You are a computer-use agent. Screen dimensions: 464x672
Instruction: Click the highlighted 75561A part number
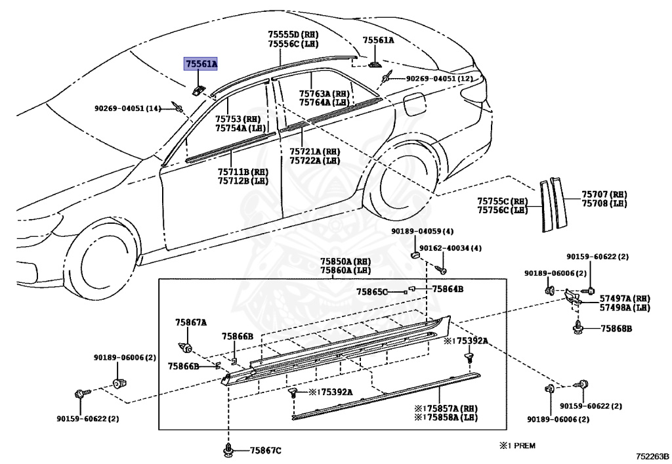[201, 64]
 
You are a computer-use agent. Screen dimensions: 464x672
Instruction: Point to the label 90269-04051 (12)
[438, 79]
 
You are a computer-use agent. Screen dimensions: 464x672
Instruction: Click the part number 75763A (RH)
[324, 94]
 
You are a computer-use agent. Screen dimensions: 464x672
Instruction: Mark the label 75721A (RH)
[314, 151]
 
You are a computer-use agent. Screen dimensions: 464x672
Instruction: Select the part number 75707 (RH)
[604, 194]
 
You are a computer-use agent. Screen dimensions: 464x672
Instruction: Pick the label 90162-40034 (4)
[450, 248]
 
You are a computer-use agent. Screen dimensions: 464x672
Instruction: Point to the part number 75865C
[372, 291]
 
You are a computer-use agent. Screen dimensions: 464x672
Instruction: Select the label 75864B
[448, 289]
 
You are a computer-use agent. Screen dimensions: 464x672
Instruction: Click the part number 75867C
[265, 450]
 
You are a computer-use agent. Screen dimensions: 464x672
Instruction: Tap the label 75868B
[616, 327]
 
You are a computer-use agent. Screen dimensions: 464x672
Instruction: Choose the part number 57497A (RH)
[624, 298]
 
